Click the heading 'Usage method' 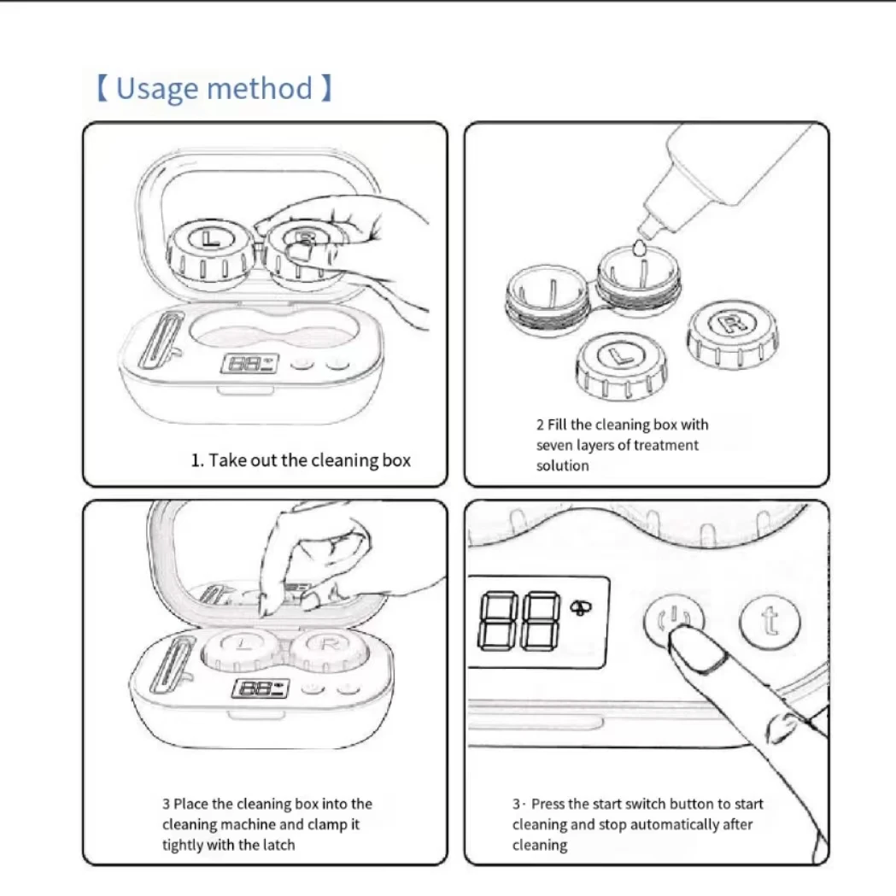(214, 88)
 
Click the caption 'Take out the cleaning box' (300, 460)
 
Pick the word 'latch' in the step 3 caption (278, 845)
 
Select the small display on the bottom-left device (261, 688)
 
